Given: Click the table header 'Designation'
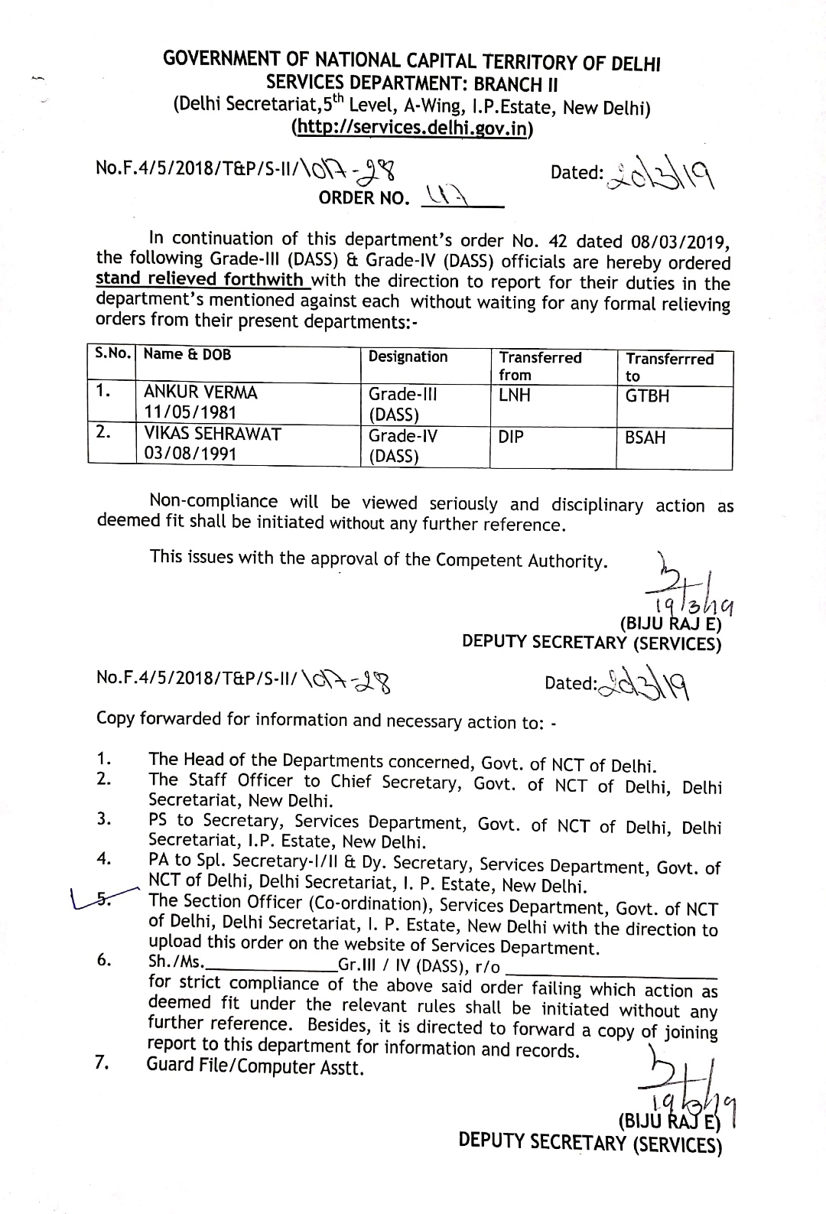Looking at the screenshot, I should click(x=408, y=357).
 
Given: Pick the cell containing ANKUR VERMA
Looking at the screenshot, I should click(x=201, y=393).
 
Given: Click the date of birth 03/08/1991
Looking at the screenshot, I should click(x=190, y=454).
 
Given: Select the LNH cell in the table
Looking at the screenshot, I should click(x=515, y=395).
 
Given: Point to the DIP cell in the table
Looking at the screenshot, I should click(x=511, y=437).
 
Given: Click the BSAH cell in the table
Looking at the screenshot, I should click(x=646, y=438).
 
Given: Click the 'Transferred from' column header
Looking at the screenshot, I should click(x=540, y=366).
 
